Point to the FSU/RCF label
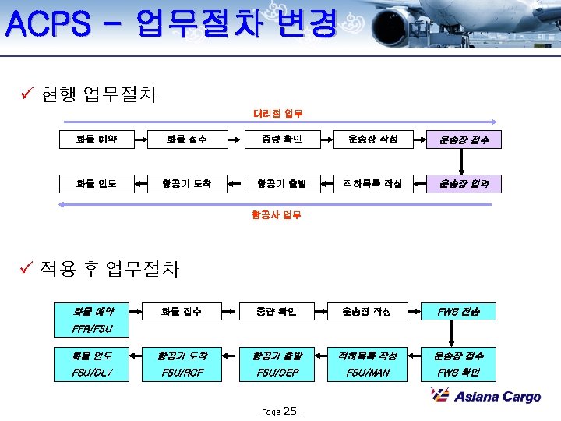184,373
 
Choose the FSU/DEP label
276,373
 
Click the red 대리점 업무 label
277,114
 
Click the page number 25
291,411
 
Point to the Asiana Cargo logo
486,396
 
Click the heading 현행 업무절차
99,95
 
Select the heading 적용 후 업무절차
110,270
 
